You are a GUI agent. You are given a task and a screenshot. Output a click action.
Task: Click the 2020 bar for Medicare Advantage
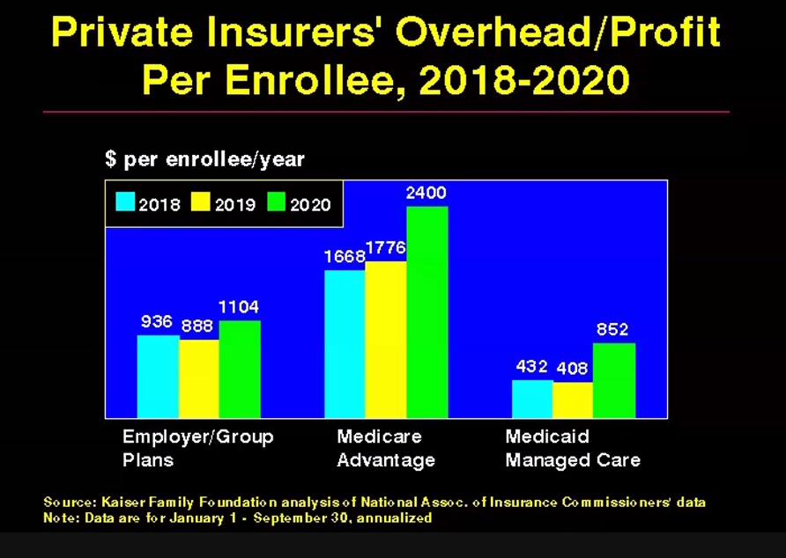click(x=426, y=312)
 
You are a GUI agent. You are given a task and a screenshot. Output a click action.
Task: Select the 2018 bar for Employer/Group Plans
click(x=158, y=377)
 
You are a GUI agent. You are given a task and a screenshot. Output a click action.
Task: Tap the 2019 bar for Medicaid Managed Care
click(x=573, y=400)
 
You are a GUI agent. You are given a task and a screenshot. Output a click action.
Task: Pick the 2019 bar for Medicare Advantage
click(x=386, y=339)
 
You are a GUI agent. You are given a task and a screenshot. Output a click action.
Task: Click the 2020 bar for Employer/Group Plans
click(x=240, y=369)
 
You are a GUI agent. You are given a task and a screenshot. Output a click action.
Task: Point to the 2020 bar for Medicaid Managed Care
click(x=613, y=380)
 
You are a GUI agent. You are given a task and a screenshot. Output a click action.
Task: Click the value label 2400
click(x=426, y=194)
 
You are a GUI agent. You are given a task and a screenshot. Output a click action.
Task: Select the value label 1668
click(x=343, y=257)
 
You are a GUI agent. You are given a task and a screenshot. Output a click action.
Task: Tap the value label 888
click(x=199, y=326)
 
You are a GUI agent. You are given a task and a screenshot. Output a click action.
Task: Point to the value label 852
click(x=612, y=329)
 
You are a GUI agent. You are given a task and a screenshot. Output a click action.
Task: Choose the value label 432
click(x=532, y=366)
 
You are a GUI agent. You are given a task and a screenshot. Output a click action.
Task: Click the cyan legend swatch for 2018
click(x=125, y=203)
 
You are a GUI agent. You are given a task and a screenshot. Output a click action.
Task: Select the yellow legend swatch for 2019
click(x=201, y=203)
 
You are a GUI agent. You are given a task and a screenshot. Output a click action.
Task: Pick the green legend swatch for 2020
click(x=277, y=203)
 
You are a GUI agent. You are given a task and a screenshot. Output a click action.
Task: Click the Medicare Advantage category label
click(x=386, y=448)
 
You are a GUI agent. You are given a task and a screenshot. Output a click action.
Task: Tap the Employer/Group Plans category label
click(x=197, y=448)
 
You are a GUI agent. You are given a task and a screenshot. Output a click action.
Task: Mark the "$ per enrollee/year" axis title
click(x=204, y=159)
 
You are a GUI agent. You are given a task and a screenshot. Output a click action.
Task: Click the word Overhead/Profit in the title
click(x=558, y=33)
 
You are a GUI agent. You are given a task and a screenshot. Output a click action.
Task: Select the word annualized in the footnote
click(x=397, y=518)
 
